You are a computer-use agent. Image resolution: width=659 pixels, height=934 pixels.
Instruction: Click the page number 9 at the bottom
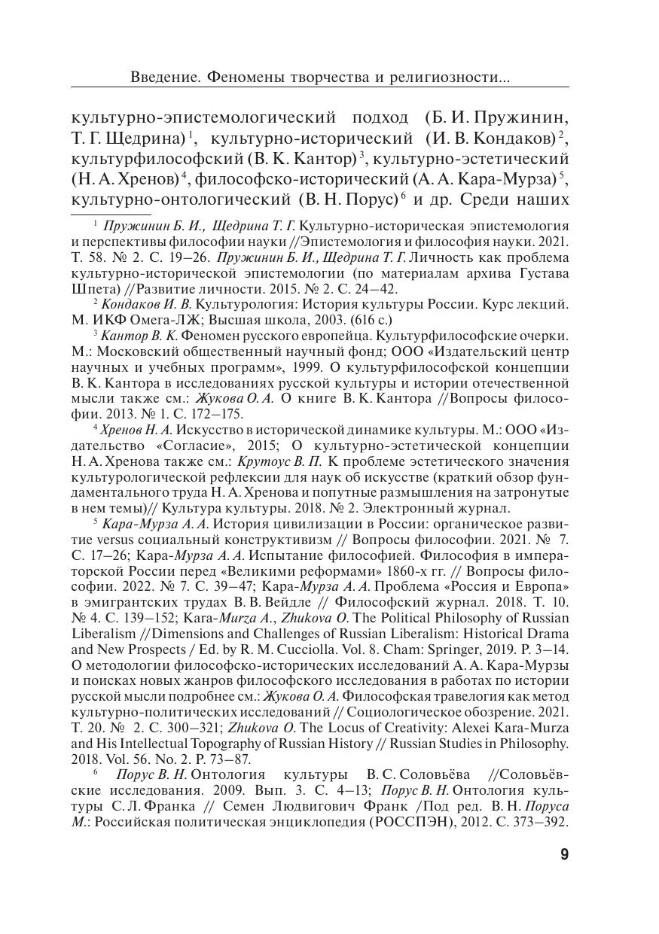[565, 854]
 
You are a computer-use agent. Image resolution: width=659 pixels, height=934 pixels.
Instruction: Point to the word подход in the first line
[380, 117]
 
